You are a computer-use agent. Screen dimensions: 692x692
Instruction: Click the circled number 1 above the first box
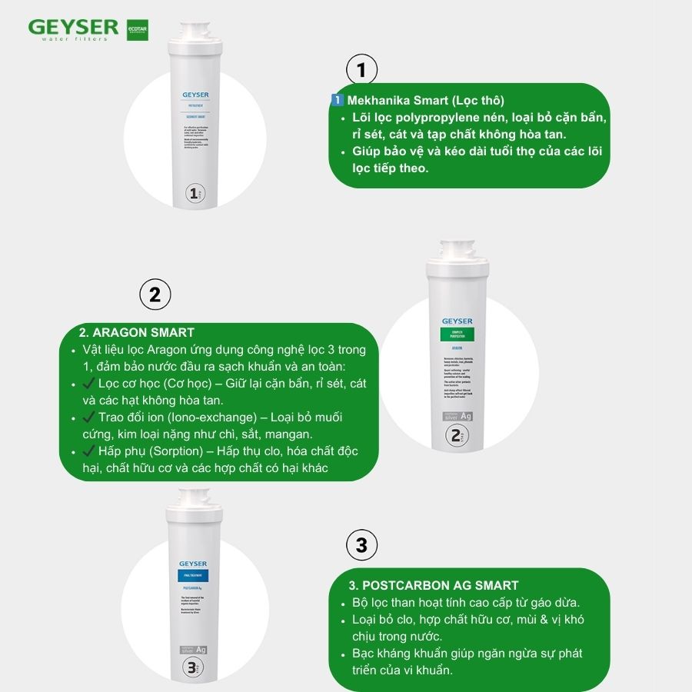(361, 71)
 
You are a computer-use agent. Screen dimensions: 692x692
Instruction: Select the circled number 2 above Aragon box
(155, 295)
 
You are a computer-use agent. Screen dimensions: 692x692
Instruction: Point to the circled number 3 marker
(361, 547)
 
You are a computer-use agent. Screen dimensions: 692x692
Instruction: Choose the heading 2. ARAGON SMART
(136, 332)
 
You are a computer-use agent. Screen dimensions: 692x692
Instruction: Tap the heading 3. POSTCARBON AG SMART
(434, 585)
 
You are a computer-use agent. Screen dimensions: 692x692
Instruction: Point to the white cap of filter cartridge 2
(457, 256)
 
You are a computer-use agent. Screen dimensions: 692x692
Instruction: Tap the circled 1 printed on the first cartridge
(195, 192)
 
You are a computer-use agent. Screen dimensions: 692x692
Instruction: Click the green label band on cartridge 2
(457, 334)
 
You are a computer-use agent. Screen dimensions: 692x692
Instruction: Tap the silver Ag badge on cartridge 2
(457, 417)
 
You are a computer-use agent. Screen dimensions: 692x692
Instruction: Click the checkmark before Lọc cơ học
(87, 383)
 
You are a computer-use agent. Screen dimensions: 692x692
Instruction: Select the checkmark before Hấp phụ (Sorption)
(87, 451)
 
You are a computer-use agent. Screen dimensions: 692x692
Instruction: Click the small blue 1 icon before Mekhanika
(337, 101)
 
